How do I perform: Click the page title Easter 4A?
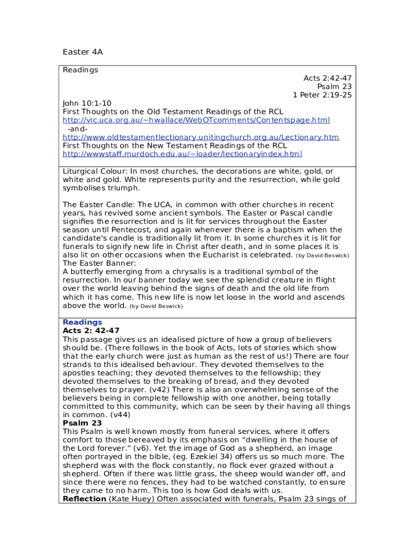(82, 52)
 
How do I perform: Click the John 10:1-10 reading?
(87, 103)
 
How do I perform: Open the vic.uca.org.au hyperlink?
(196, 120)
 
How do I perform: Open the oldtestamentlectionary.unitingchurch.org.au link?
(201, 137)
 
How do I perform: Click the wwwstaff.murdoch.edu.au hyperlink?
(183, 154)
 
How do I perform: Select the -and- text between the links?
(78, 128)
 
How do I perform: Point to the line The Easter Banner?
(100, 263)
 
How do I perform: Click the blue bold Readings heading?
(82, 322)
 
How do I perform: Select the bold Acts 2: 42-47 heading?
(91, 330)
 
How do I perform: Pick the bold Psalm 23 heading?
(82, 423)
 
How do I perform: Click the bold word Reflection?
(85, 499)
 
